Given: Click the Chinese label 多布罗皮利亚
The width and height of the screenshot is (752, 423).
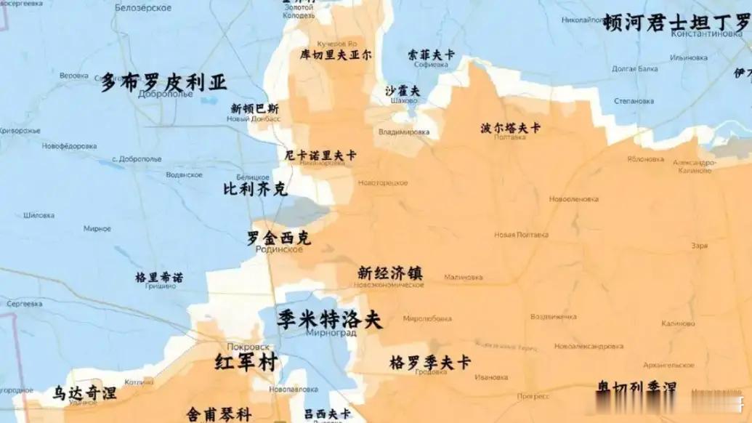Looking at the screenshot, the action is (x=163, y=81).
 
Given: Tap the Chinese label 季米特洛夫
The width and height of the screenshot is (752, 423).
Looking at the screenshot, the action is (x=329, y=318).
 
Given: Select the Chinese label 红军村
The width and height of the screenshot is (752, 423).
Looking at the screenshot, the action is (x=246, y=362).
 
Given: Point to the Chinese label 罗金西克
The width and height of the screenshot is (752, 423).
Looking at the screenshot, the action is (x=279, y=238).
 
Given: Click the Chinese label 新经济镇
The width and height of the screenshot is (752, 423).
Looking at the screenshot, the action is (x=389, y=273).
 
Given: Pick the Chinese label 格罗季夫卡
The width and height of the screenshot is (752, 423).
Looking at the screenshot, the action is (x=430, y=362).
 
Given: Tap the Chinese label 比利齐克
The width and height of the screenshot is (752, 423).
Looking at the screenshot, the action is (x=255, y=190).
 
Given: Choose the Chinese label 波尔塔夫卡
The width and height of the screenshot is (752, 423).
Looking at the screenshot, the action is (x=510, y=128).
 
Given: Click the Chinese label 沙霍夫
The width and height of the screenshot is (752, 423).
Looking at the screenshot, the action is (x=403, y=91).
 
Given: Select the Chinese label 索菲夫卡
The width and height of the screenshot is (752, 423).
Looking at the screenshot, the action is (x=431, y=55).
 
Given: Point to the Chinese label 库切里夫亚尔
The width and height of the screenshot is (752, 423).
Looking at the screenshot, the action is (x=336, y=55).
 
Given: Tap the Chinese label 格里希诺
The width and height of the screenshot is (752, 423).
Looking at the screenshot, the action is (x=159, y=277).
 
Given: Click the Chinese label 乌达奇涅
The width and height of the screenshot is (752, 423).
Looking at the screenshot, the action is (x=84, y=392).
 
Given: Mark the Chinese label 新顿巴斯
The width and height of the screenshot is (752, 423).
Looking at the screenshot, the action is (x=254, y=108).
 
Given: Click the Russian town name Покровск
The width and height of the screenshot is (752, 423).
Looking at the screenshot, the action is (x=248, y=347).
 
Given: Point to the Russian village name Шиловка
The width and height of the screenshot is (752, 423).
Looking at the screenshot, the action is (x=39, y=215).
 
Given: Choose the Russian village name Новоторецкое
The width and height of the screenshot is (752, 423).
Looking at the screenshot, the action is (x=383, y=182).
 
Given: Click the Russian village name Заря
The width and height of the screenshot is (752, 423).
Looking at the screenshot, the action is (x=700, y=246).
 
